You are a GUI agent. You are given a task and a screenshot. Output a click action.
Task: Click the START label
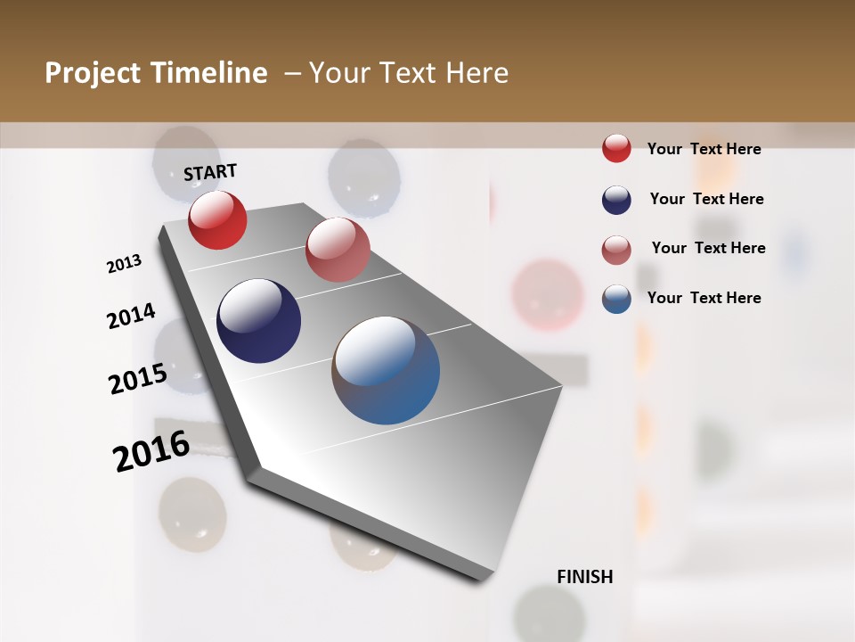[x=210, y=172]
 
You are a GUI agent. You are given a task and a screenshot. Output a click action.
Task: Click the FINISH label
[x=584, y=577]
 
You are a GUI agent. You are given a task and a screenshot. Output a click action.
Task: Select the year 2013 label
[x=124, y=263]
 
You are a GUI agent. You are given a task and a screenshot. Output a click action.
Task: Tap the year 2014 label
[x=131, y=316]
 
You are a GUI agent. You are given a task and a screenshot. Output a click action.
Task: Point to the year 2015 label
[x=138, y=378]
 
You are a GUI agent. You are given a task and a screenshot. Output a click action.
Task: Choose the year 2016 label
[x=151, y=450]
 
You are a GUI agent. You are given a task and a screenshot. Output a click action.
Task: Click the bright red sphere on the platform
[x=217, y=220]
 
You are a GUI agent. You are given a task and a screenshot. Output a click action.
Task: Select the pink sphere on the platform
[x=338, y=250]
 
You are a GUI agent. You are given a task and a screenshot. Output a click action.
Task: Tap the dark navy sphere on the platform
[x=258, y=321]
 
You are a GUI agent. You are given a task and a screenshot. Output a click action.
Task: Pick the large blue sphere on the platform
[x=386, y=370]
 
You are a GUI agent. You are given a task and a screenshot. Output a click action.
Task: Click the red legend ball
[x=616, y=148]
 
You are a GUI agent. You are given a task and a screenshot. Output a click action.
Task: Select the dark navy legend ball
[x=616, y=199]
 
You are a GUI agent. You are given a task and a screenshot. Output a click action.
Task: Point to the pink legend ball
[x=616, y=249]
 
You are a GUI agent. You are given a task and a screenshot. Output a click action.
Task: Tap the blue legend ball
[x=616, y=298]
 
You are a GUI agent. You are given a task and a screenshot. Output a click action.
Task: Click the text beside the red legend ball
[x=704, y=149]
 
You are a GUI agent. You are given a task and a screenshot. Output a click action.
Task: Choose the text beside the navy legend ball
[x=706, y=199]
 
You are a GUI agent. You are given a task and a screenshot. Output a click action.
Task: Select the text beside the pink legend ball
[x=708, y=248]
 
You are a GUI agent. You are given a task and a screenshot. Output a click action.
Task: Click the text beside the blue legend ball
[x=704, y=298]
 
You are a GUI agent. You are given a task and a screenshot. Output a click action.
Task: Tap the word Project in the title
[x=94, y=73]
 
